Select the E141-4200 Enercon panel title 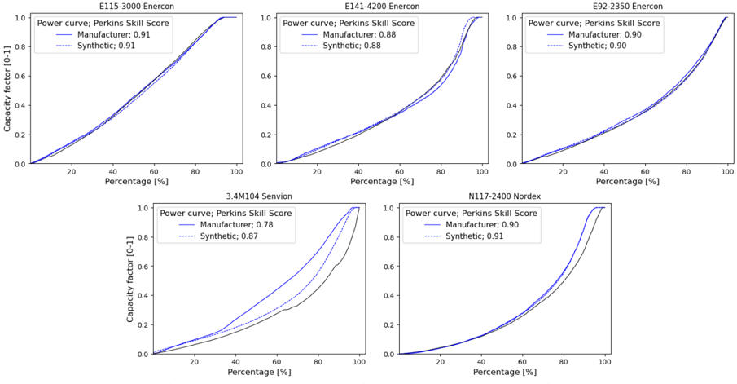click(x=381, y=6)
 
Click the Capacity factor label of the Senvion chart click(x=130, y=280)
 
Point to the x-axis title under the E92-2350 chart click(x=626, y=181)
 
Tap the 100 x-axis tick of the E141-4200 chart click(x=482, y=170)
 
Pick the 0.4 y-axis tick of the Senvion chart click(x=143, y=296)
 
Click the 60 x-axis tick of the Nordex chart click(x=522, y=361)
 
